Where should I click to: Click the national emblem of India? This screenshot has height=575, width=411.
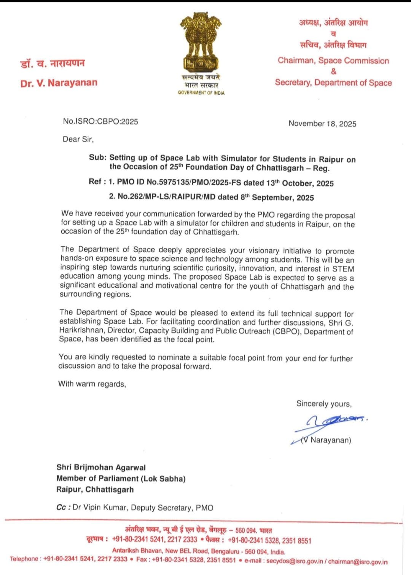click(x=201, y=42)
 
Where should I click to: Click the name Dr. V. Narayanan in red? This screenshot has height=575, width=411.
click(x=59, y=83)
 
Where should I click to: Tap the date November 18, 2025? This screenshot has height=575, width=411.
click(x=322, y=124)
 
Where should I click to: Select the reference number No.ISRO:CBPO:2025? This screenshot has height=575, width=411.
click(x=100, y=121)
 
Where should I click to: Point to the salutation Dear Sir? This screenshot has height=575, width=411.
click(x=78, y=139)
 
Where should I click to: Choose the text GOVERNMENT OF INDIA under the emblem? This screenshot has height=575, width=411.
click(x=201, y=93)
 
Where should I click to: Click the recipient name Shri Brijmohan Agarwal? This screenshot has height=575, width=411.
click(x=101, y=467)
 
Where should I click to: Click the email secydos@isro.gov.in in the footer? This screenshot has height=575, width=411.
click(x=295, y=561)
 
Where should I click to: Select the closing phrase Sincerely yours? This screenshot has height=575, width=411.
click(x=324, y=404)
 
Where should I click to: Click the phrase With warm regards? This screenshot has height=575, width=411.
click(x=92, y=384)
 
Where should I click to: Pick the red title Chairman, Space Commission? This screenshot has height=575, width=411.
click(x=333, y=61)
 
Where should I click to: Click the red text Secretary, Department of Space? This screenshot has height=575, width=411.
click(x=333, y=83)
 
